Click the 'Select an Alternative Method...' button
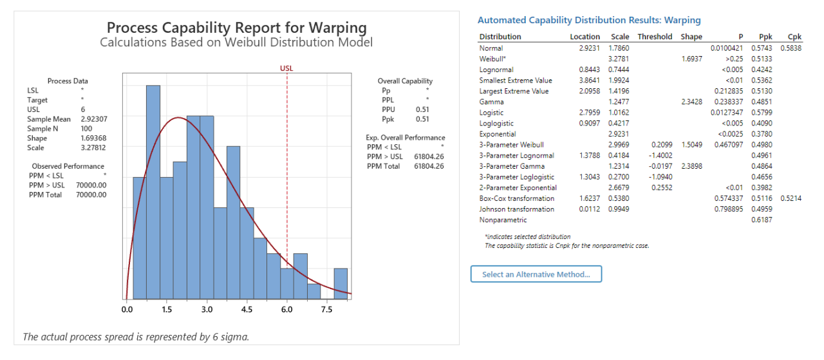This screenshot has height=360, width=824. [x=536, y=274]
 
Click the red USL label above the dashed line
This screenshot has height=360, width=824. [x=286, y=68]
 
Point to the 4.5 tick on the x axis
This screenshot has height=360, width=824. [x=247, y=310]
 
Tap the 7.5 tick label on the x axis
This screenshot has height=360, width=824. [x=326, y=310]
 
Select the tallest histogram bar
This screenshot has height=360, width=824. [x=153, y=193]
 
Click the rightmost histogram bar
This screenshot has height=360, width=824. [x=341, y=283]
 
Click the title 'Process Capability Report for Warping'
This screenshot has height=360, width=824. [x=236, y=28]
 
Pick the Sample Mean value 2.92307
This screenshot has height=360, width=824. [x=94, y=119]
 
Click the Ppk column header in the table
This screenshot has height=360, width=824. [x=766, y=37]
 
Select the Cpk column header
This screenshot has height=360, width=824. [x=794, y=37]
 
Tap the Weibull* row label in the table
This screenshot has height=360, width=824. [x=493, y=59]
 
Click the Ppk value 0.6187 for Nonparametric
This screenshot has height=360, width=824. [x=762, y=220]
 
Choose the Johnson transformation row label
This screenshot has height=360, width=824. [x=516, y=209]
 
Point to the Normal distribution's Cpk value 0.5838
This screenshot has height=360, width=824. [x=791, y=48]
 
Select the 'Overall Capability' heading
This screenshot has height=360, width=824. [x=405, y=81]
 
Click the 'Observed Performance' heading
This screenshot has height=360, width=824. [x=68, y=166]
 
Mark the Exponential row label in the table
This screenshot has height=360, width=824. [x=498, y=134]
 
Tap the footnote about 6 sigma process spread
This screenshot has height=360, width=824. [x=135, y=336]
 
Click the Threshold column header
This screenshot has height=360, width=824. [x=655, y=37]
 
